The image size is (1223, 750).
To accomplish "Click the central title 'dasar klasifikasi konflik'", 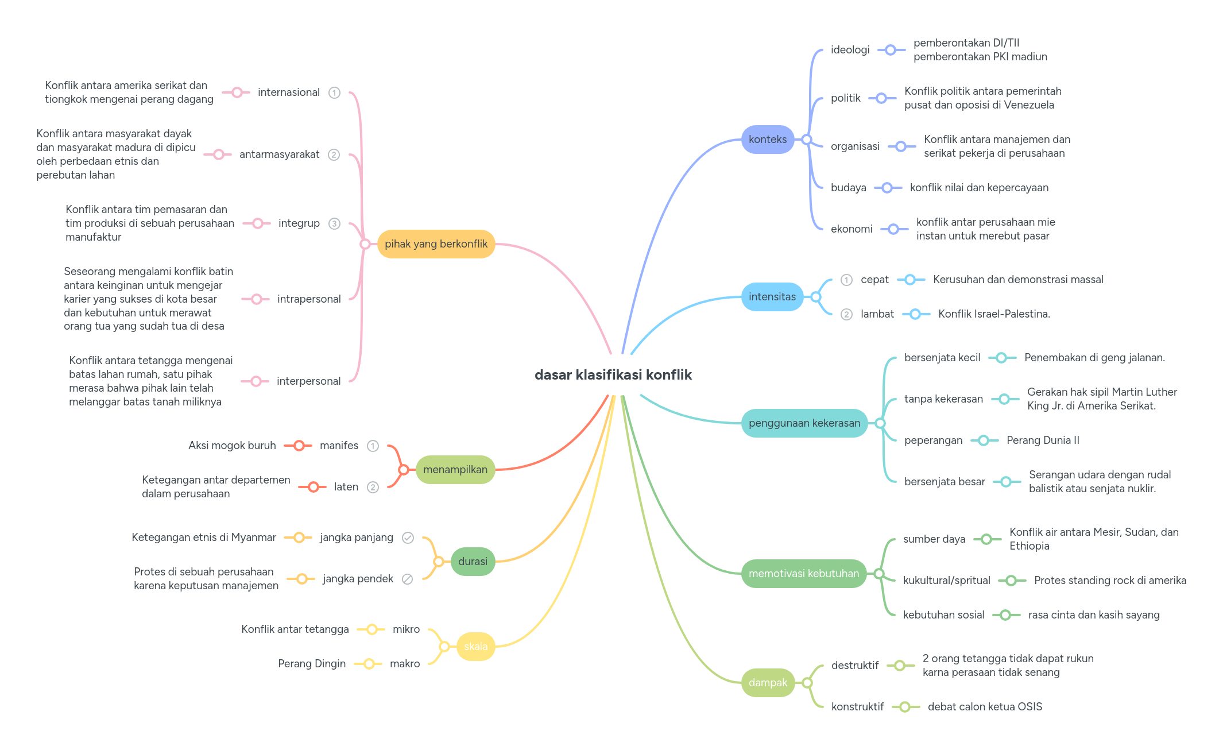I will coord(613,375).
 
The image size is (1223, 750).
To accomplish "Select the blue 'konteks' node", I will coord(767,140).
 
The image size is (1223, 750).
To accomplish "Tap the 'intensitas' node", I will coord(772,297).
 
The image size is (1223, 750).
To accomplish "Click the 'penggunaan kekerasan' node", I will coord(804,423).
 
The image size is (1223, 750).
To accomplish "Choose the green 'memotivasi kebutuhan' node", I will coord(803,574).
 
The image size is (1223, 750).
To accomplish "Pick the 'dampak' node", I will coord(767,683).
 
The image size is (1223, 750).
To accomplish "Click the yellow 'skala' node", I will coord(475,647).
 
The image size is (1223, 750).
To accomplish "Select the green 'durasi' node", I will coord(473,562).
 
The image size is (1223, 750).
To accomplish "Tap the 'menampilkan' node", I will coord(455,470).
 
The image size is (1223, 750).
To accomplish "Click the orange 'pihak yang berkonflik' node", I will coord(436,244).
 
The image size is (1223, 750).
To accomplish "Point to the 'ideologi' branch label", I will coord(850,50).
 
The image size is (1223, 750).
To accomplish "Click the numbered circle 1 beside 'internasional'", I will coord(334,92).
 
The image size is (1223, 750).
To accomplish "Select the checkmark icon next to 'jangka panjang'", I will coord(408,538).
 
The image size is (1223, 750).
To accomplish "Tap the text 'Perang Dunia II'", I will coord(1043,440).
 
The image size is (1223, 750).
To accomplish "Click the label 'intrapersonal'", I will coord(309,299).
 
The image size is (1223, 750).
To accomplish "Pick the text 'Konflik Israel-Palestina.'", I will coord(994,314).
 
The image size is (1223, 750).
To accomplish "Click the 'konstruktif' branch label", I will coord(857,707).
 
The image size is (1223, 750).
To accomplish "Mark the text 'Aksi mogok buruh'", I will coord(232,446).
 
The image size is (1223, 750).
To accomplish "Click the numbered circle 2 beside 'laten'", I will coord(373,487).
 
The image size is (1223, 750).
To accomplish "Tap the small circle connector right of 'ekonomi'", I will coord(893,229).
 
